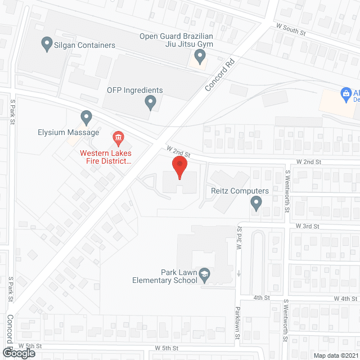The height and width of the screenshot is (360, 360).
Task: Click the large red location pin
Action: click(x=179, y=168)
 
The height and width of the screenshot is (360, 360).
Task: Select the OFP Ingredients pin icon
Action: click(x=150, y=102)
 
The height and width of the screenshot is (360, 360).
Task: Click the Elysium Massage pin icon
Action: click(x=86, y=118)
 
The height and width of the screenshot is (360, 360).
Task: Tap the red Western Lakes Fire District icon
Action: click(x=118, y=137)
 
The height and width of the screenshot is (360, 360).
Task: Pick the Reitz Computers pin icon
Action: click(x=256, y=202)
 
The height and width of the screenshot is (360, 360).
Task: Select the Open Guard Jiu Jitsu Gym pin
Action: click(x=200, y=55)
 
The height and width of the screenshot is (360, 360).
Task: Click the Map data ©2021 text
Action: click(x=336, y=355)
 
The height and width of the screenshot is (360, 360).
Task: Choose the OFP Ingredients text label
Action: click(x=135, y=91)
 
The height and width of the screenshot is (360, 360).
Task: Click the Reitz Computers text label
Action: click(x=240, y=191)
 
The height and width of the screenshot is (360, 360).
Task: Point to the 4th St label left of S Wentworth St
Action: click(x=262, y=298)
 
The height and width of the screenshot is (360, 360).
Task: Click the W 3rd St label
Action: click(x=307, y=227)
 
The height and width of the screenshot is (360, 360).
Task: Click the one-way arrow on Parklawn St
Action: click(x=238, y=274)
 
